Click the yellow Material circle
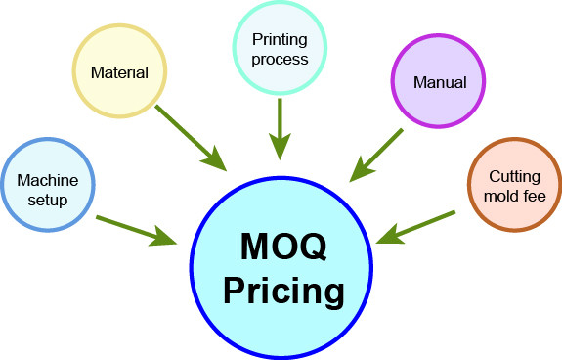pyautogui.click(x=119, y=71)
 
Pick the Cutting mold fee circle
pyautogui.click(x=514, y=184)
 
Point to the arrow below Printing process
pyautogui.click(x=280, y=126)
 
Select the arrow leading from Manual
pyautogui.click(x=376, y=155)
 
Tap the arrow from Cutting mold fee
pyautogui.click(x=416, y=226)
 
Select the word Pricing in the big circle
pyautogui.click(x=283, y=291)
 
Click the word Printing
pyautogui.click(x=280, y=40)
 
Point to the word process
pyautogui.click(x=280, y=59)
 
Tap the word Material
pyautogui.click(x=119, y=71)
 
